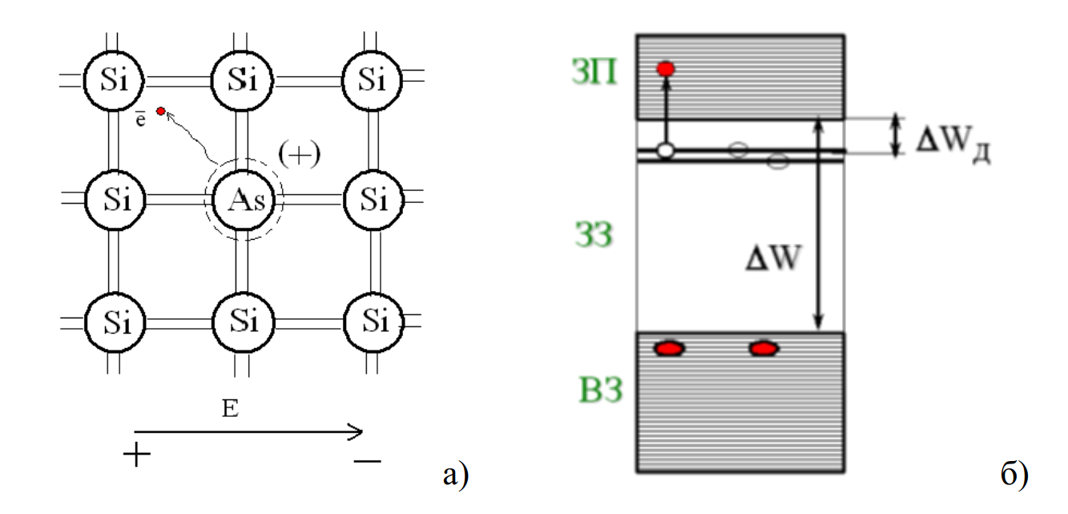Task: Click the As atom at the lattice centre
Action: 238,199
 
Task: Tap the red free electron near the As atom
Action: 161,111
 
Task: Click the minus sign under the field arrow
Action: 367,460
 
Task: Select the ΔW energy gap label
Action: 770,260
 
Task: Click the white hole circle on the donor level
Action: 664,151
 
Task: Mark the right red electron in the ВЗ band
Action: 764,348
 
